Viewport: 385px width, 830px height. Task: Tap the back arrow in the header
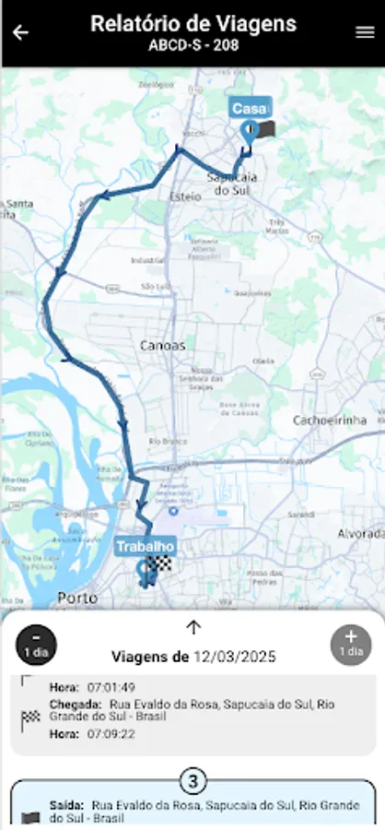click(x=20, y=33)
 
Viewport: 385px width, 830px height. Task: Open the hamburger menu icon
click(x=365, y=32)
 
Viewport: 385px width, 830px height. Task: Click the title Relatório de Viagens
click(x=193, y=24)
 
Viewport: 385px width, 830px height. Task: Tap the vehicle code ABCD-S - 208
click(x=193, y=44)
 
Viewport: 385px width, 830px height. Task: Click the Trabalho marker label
click(x=145, y=547)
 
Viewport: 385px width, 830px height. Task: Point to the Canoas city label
click(x=163, y=346)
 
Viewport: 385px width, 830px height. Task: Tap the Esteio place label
click(x=185, y=196)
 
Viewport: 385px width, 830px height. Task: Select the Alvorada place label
click(x=360, y=534)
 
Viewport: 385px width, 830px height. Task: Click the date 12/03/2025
click(x=234, y=658)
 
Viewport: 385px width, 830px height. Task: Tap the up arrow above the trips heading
click(x=193, y=628)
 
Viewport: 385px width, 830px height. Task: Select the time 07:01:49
click(x=111, y=687)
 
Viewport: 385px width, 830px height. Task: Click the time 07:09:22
click(x=111, y=734)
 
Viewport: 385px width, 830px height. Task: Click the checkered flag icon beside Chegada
click(x=30, y=716)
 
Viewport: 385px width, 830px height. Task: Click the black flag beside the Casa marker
click(x=266, y=131)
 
